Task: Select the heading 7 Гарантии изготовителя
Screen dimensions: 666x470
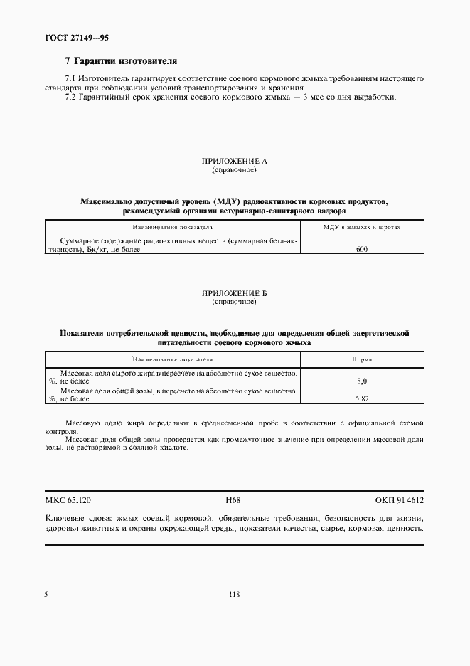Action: pos(120,62)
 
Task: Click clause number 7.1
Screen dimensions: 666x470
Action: pos(70,76)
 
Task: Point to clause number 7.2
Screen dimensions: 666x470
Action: pos(70,97)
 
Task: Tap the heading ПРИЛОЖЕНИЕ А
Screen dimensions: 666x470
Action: pos(234,162)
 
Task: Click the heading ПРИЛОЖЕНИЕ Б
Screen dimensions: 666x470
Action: pos(234,293)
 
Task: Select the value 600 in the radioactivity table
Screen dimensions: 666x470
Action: pos(362,250)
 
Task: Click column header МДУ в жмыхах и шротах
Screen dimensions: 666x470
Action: pos(362,227)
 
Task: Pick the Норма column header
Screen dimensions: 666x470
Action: pos(362,359)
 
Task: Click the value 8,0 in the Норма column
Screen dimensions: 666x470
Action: pos(362,381)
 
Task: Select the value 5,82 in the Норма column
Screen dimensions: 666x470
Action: pos(362,400)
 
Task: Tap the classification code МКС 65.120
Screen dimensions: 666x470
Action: pos(68,500)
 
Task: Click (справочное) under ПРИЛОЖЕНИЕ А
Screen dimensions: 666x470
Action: pos(234,171)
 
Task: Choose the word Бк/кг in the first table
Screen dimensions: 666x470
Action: pos(97,250)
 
